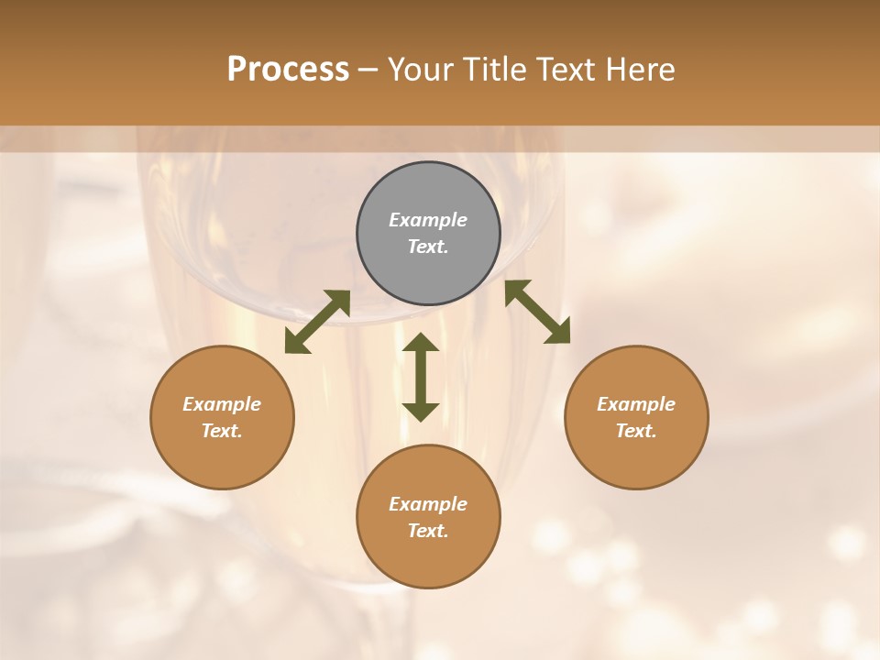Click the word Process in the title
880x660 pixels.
pyautogui.click(x=288, y=70)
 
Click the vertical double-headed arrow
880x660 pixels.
pyautogui.click(x=421, y=377)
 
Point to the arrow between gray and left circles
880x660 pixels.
pyautogui.click(x=317, y=322)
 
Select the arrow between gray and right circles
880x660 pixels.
pyautogui.click(x=538, y=312)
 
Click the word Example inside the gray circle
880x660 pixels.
pyautogui.click(x=428, y=220)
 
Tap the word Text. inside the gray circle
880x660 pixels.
pyautogui.click(x=428, y=247)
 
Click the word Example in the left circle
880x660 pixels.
pyautogui.click(x=222, y=404)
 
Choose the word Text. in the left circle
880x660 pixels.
pyautogui.click(x=222, y=431)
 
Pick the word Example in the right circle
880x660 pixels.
pyautogui.click(x=636, y=404)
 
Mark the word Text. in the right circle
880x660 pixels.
pyautogui.click(x=636, y=431)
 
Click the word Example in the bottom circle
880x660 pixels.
pyautogui.click(x=428, y=504)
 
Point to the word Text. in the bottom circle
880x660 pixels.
pyautogui.click(x=428, y=531)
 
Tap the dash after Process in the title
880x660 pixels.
pyautogui.click(x=368, y=71)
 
